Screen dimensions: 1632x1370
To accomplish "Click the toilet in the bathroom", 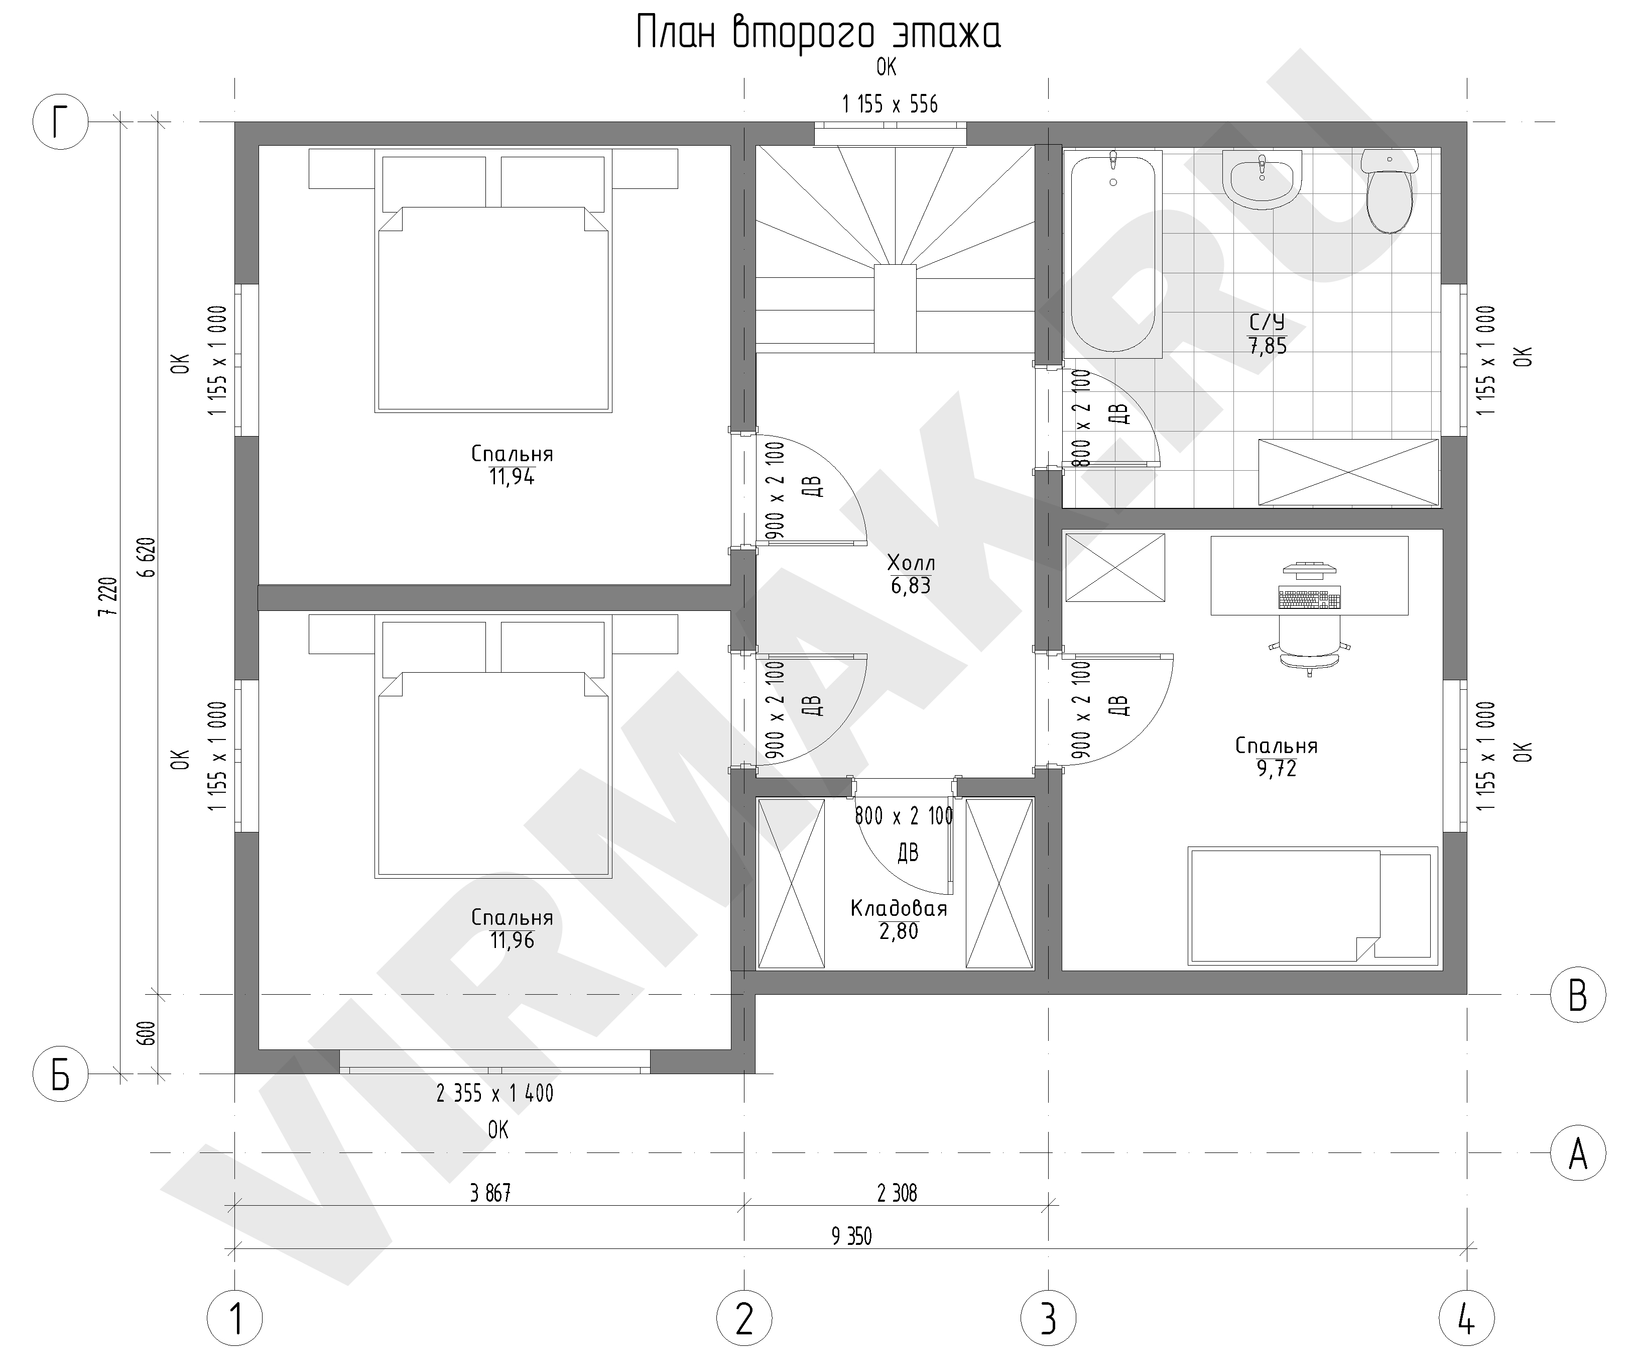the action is [x=1390, y=190].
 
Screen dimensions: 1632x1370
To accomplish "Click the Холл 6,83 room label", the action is [x=911, y=574].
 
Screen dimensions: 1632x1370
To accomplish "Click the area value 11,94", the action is [x=512, y=477].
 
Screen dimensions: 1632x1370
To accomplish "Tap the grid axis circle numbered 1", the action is [x=235, y=1318].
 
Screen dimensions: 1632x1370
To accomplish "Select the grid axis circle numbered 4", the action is [x=1466, y=1318].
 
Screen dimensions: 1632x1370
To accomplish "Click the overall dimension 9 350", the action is [x=852, y=1236].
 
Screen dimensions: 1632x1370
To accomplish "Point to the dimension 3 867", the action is [x=490, y=1193].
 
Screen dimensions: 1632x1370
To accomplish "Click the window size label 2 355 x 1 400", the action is [x=495, y=1094].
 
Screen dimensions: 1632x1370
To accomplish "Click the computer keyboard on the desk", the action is [x=1310, y=599].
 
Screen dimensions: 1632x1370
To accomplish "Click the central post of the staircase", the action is [x=896, y=308].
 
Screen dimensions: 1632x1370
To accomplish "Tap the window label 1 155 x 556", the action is [x=890, y=104].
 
